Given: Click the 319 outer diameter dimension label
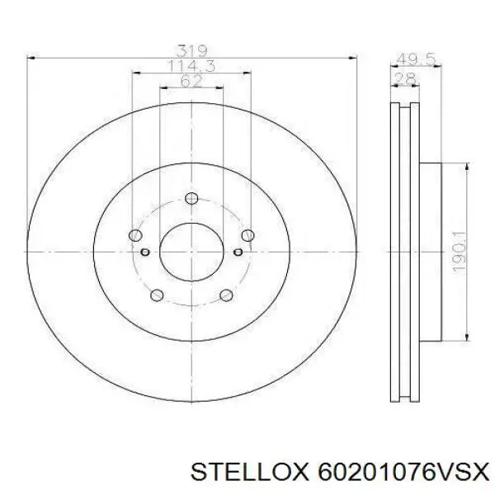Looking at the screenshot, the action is click(x=192, y=51).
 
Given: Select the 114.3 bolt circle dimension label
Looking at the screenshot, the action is click(x=192, y=66).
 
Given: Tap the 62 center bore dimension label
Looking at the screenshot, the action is click(x=191, y=81).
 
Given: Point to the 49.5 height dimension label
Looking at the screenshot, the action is click(x=416, y=59).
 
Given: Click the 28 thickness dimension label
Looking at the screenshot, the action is click(x=405, y=79).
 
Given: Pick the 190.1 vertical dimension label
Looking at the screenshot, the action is click(x=460, y=252).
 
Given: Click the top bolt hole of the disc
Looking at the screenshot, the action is click(x=191, y=198).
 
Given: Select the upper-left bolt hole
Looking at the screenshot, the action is click(x=135, y=235).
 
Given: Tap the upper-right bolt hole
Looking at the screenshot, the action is click(x=247, y=235).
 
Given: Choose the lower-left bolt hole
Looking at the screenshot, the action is click(x=157, y=295).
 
